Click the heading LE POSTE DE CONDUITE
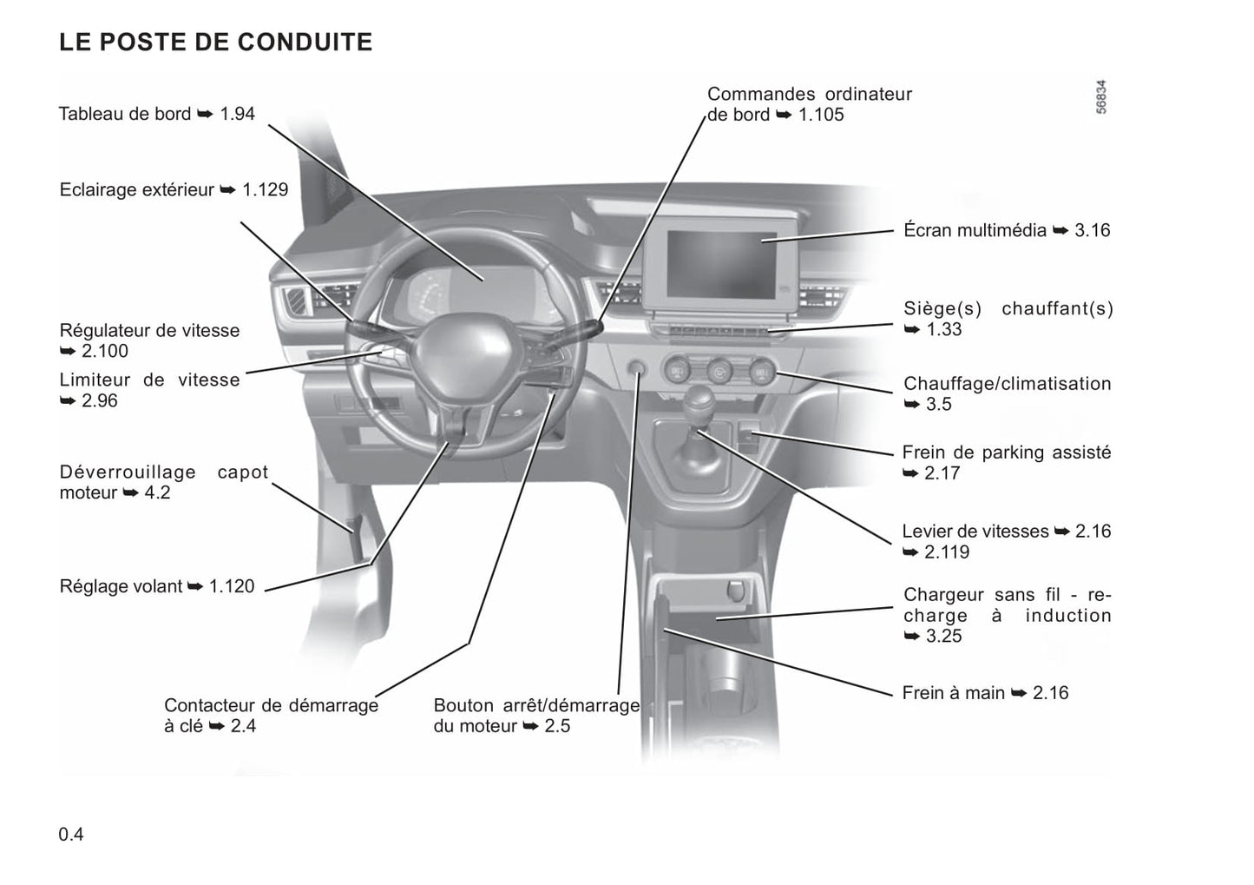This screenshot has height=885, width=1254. tap(215, 42)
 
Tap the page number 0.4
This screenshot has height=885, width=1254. tap(71, 834)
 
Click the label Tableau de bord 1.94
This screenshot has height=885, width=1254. tap(157, 114)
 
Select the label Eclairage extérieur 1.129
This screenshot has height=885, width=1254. tap(174, 189)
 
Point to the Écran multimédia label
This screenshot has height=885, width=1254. tap(1007, 229)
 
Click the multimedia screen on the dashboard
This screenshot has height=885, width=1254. tap(722, 264)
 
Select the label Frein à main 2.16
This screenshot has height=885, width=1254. tap(985, 693)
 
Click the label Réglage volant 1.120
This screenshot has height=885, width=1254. tap(157, 586)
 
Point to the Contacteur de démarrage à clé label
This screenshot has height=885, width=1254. tap(271, 716)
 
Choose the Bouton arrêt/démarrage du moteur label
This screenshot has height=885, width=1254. tap(536, 716)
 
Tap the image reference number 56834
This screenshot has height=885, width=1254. tap(1100, 97)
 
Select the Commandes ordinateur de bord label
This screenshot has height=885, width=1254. tap(810, 103)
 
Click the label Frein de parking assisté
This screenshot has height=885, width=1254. tap(1007, 462)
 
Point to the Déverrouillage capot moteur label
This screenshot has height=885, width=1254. tap(163, 482)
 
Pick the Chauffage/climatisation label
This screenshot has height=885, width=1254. tap(1008, 393)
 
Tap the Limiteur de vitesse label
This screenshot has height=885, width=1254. tap(149, 390)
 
